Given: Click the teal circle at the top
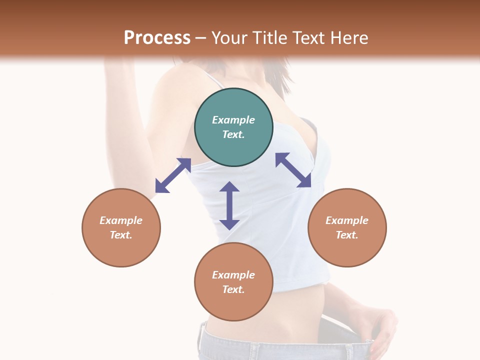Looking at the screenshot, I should point(233,127).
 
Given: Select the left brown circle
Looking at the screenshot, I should point(121,227).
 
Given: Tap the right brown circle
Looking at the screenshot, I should point(347,227).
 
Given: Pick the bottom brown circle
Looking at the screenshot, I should point(233,282).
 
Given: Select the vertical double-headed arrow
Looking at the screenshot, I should point(229,205).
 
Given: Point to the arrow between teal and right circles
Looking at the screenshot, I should point(293,170).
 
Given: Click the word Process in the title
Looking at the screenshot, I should point(157,38).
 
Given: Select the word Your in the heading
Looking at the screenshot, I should point(229,38).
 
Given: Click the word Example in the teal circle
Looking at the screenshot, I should point(233,120).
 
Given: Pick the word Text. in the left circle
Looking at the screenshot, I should point(121,235).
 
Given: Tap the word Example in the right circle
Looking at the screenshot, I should point(347,220).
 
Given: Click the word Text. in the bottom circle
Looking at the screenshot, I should point(233,289).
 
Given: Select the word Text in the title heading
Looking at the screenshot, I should point(308,38).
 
